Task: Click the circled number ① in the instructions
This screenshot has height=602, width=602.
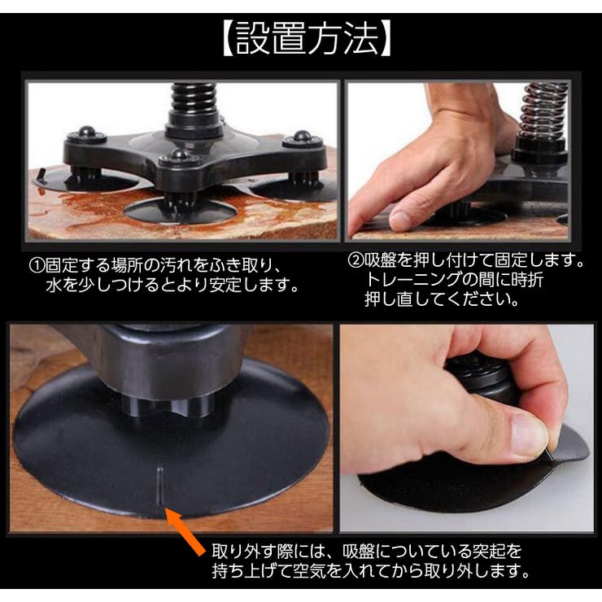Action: (38, 266)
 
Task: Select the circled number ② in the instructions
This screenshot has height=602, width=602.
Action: (356, 262)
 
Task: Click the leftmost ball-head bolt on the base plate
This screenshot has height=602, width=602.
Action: (85, 132)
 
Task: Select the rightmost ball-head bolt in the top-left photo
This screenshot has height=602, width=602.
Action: (302, 137)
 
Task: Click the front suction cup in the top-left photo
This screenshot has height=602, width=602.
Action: (179, 212)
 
